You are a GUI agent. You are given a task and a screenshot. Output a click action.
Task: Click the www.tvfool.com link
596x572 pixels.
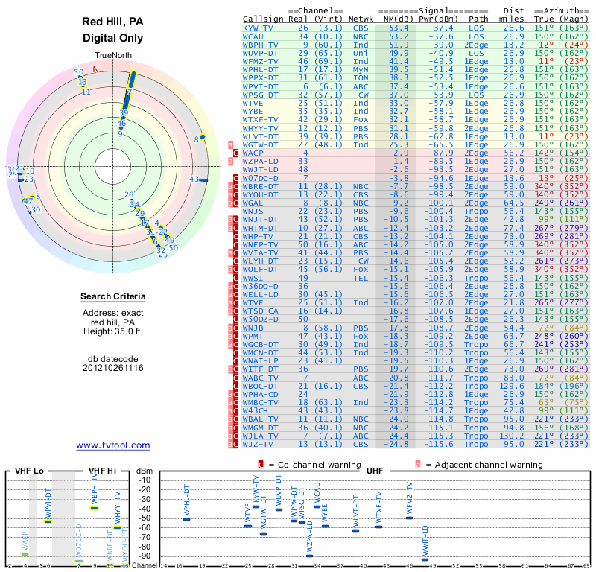pos(113,445)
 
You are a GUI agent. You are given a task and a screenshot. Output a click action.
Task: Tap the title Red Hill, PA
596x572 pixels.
pos(113,22)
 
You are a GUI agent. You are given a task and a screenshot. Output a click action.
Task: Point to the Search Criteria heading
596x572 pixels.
pos(113,297)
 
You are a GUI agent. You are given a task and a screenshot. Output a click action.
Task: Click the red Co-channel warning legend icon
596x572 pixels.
pos(261,464)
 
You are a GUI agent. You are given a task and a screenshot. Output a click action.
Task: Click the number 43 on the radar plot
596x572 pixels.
pos(194,179)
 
